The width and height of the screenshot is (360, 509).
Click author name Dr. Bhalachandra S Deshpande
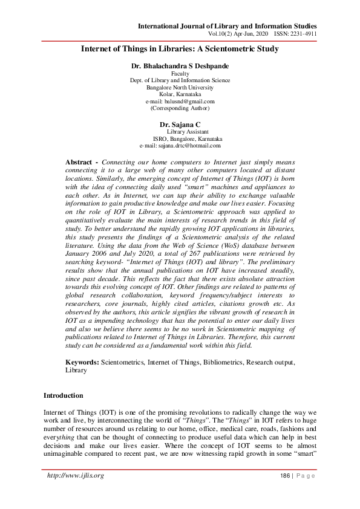tap(180, 65)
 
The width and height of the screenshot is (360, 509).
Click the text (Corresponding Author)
tap(180, 108)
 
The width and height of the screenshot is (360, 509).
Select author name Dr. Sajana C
tap(180, 124)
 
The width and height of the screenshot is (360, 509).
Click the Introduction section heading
tap(63, 395)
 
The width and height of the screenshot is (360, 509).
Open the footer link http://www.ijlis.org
tap(76, 476)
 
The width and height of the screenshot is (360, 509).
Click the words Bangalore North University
tap(180, 87)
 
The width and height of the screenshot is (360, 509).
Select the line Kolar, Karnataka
tap(180, 94)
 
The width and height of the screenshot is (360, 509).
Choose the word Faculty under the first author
tap(180, 73)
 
